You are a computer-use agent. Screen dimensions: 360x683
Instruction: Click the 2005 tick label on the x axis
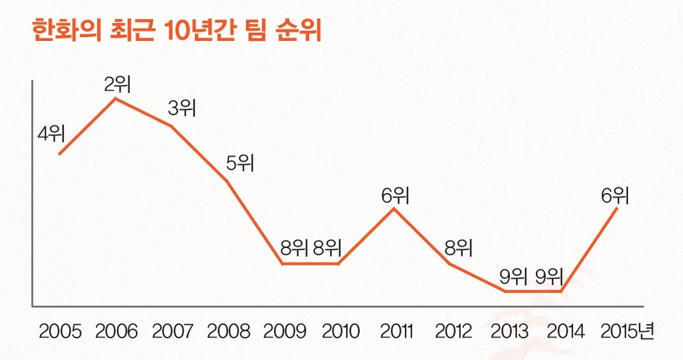click(x=61, y=331)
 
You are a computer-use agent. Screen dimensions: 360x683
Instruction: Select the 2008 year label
click(x=228, y=331)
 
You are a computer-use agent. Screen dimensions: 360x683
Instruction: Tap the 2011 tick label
click(x=396, y=331)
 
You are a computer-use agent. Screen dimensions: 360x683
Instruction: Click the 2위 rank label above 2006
click(x=118, y=85)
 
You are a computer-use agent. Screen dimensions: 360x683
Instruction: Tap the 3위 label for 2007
click(x=182, y=108)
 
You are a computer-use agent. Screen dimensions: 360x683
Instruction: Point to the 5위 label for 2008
click(x=239, y=163)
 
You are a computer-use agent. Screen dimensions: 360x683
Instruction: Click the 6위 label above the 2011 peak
click(x=396, y=195)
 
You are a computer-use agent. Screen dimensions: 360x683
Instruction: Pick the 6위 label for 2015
click(x=615, y=195)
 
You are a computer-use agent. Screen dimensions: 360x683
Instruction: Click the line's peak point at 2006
click(x=115, y=99)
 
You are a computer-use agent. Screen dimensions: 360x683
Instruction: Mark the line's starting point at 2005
click(x=59, y=154)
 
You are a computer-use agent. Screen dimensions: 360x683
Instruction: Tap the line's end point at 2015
click(x=618, y=209)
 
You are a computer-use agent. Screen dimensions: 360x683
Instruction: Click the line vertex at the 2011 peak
click(x=395, y=209)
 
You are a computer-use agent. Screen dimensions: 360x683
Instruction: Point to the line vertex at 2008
click(x=227, y=181)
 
